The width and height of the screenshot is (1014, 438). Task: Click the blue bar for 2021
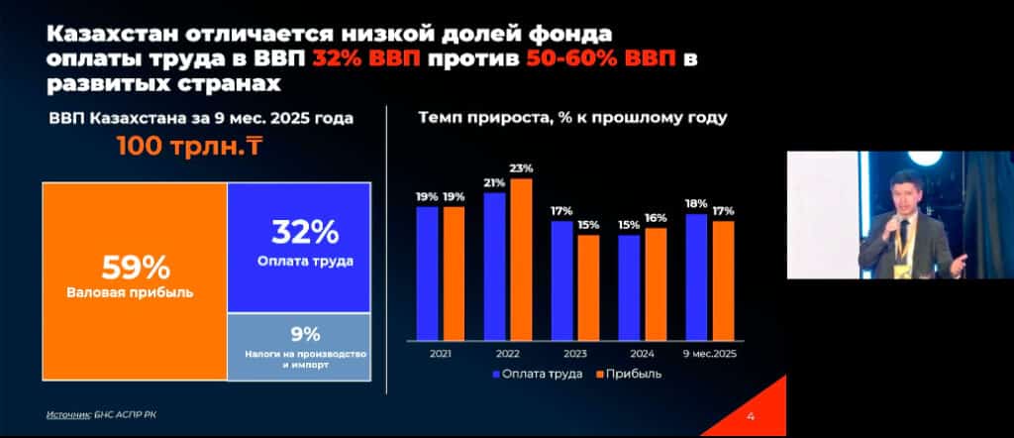(x=427, y=272)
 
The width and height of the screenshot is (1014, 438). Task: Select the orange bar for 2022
(x=521, y=259)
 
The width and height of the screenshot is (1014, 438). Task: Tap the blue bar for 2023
(x=561, y=280)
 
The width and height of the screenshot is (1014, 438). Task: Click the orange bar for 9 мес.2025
(x=723, y=280)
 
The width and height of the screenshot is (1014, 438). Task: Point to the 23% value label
(x=522, y=168)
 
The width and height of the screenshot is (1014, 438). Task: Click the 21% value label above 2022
(x=494, y=183)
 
